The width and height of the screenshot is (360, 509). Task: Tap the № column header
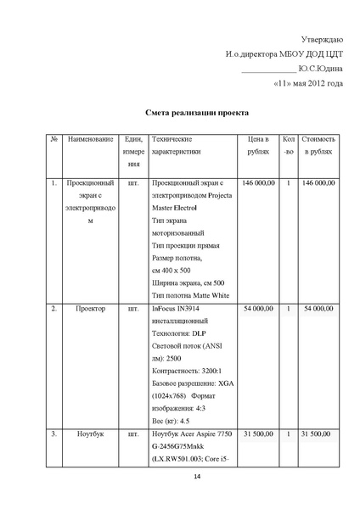pos(53,137)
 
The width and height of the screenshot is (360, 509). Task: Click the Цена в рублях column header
pos(259,144)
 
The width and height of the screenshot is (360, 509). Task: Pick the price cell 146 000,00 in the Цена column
pos(259,182)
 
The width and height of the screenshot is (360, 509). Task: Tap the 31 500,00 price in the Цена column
pos(259,434)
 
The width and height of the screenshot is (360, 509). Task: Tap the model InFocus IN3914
pos(177,309)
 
